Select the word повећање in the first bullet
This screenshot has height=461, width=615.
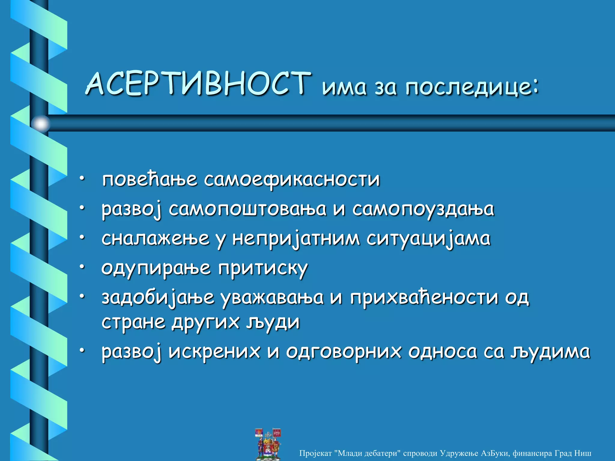tap(150, 179)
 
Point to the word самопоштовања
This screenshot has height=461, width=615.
tap(247, 209)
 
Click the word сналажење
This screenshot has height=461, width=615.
tap(155, 239)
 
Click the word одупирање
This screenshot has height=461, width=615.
tap(156, 268)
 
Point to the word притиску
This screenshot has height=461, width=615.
tap(263, 268)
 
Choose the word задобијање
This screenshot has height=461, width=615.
tap(158, 298)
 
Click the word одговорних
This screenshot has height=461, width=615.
tap(343, 352)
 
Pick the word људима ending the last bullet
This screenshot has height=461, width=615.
tap(550, 352)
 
